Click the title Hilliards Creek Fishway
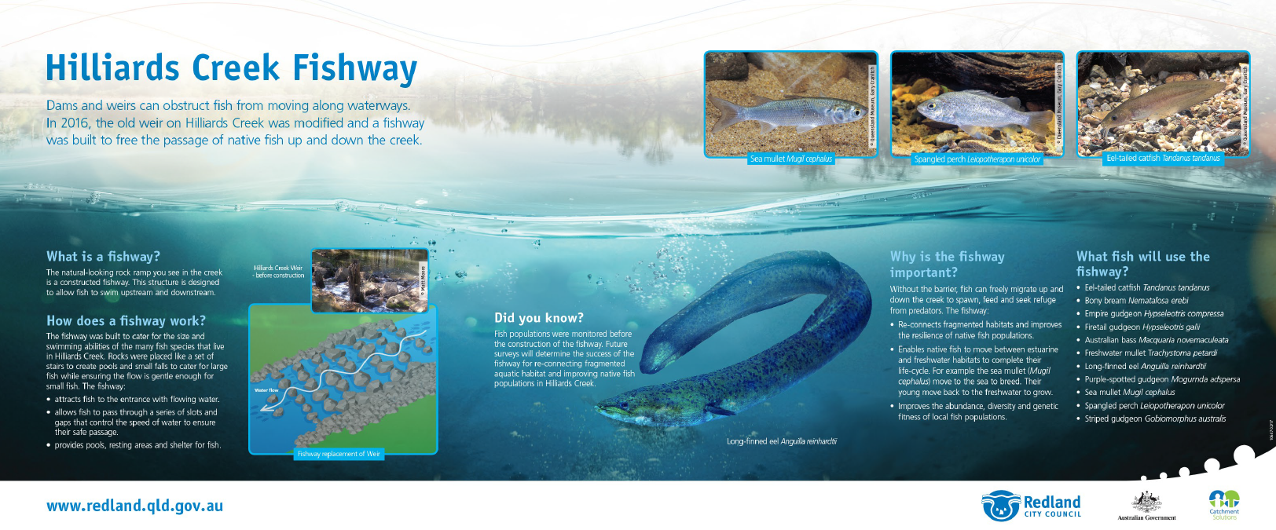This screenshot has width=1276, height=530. (x=231, y=68)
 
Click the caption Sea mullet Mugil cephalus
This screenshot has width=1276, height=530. (x=790, y=159)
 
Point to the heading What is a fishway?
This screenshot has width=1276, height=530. (x=103, y=257)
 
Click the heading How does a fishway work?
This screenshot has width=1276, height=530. (x=126, y=320)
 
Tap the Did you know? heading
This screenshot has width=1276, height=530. (x=539, y=318)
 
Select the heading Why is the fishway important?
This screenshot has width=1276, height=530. (x=947, y=264)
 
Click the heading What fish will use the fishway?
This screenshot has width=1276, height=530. (x=1142, y=264)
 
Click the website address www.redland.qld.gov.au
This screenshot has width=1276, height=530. (x=134, y=506)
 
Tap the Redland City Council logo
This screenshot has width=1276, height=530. (x=1031, y=506)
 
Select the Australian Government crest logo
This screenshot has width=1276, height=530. (x=1146, y=505)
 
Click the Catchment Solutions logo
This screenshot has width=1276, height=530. (x=1223, y=504)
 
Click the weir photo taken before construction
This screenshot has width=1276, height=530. (x=369, y=280)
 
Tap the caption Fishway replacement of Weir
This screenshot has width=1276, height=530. (x=339, y=454)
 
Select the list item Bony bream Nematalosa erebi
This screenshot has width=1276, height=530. (x=1136, y=301)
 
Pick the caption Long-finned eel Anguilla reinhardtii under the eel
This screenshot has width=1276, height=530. (x=781, y=441)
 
